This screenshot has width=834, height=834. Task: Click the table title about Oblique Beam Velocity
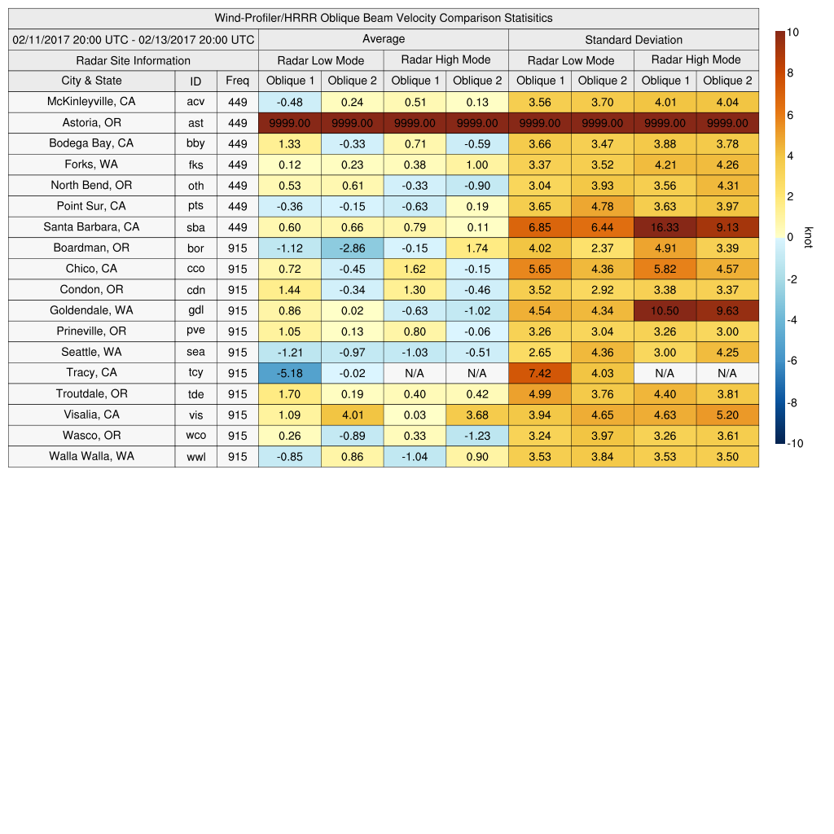coord(384,18)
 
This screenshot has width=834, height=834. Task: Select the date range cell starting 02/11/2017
coord(134,39)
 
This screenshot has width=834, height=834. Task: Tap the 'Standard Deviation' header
coord(634,39)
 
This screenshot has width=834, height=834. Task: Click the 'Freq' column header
coord(237,81)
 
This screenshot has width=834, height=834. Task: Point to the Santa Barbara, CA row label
coord(91,227)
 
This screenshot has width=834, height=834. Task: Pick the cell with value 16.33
coord(665,227)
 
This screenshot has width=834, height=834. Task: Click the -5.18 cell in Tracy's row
coord(289,373)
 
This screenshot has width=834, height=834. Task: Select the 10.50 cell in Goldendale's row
coord(665,310)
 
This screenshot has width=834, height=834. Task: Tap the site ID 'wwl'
coord(195,457)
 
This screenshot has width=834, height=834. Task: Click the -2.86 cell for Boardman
coord(352,248)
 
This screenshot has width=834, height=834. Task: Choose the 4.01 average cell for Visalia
coord(352,415)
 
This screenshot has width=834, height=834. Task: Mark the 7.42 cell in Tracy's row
coord(539,373)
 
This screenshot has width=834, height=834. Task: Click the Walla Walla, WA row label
coord(91,456)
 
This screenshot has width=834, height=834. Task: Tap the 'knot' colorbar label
coord(808,237)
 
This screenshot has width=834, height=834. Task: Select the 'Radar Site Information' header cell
coord(133,60)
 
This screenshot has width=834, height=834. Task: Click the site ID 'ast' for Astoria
coord(195,123)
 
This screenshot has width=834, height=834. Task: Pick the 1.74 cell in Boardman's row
coord(477,248)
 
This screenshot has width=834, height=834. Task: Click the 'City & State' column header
coord(91,81)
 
